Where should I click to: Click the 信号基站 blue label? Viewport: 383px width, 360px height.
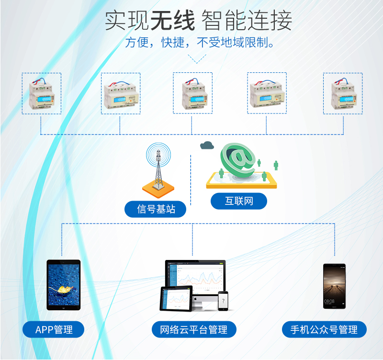155,209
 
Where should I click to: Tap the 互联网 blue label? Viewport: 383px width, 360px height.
238,201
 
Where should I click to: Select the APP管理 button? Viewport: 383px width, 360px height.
53,329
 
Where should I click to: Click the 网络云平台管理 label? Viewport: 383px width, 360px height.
194,329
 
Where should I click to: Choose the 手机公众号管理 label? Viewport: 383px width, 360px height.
324,329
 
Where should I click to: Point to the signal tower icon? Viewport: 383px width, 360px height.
158,170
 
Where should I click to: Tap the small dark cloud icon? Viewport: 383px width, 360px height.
207,145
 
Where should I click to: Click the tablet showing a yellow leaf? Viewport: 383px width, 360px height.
64,285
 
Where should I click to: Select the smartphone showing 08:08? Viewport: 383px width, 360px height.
334,286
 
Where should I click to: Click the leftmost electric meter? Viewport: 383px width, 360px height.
41,93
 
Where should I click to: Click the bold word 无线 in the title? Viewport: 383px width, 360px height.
173,20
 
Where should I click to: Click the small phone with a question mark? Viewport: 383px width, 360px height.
223,301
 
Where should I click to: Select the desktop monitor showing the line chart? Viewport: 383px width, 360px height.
195,279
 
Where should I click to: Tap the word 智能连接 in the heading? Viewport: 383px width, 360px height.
247,20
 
